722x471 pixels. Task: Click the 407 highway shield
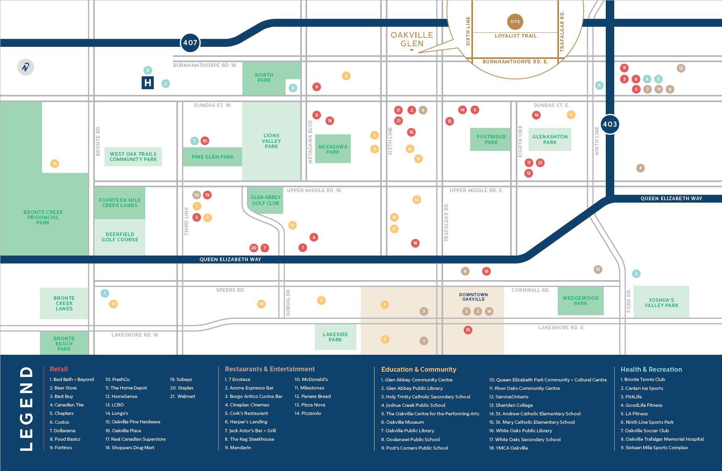click(x=190, y=42)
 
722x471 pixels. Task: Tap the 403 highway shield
click(x=609, y=124)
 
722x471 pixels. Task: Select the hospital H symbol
click(x=148, y=83)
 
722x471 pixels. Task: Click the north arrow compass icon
click(x=26, y=67)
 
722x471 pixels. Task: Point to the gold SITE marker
click(x=515, y=22)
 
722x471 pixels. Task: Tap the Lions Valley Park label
click(x=271, y=141)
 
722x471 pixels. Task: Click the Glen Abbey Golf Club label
click(x=266, y=200)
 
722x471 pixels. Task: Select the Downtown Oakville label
click(x=473, y=297)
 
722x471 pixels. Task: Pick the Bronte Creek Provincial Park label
click(x=43, y=217)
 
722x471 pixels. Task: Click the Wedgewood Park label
click(x=580, y=301)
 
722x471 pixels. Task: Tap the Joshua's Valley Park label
click(x=661, y=303)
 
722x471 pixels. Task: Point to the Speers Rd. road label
click(x=230, y=290)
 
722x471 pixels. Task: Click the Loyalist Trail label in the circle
click(x=516, y=36)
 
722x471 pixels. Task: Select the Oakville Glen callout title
click(x=412, y=39)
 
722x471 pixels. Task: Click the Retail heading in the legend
click(x=59, y=369)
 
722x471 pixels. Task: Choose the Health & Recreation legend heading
click(x=651, y=369)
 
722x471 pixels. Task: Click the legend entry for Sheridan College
click(x=511, y=405)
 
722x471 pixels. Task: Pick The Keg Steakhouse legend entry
click(x=249, y=439)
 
